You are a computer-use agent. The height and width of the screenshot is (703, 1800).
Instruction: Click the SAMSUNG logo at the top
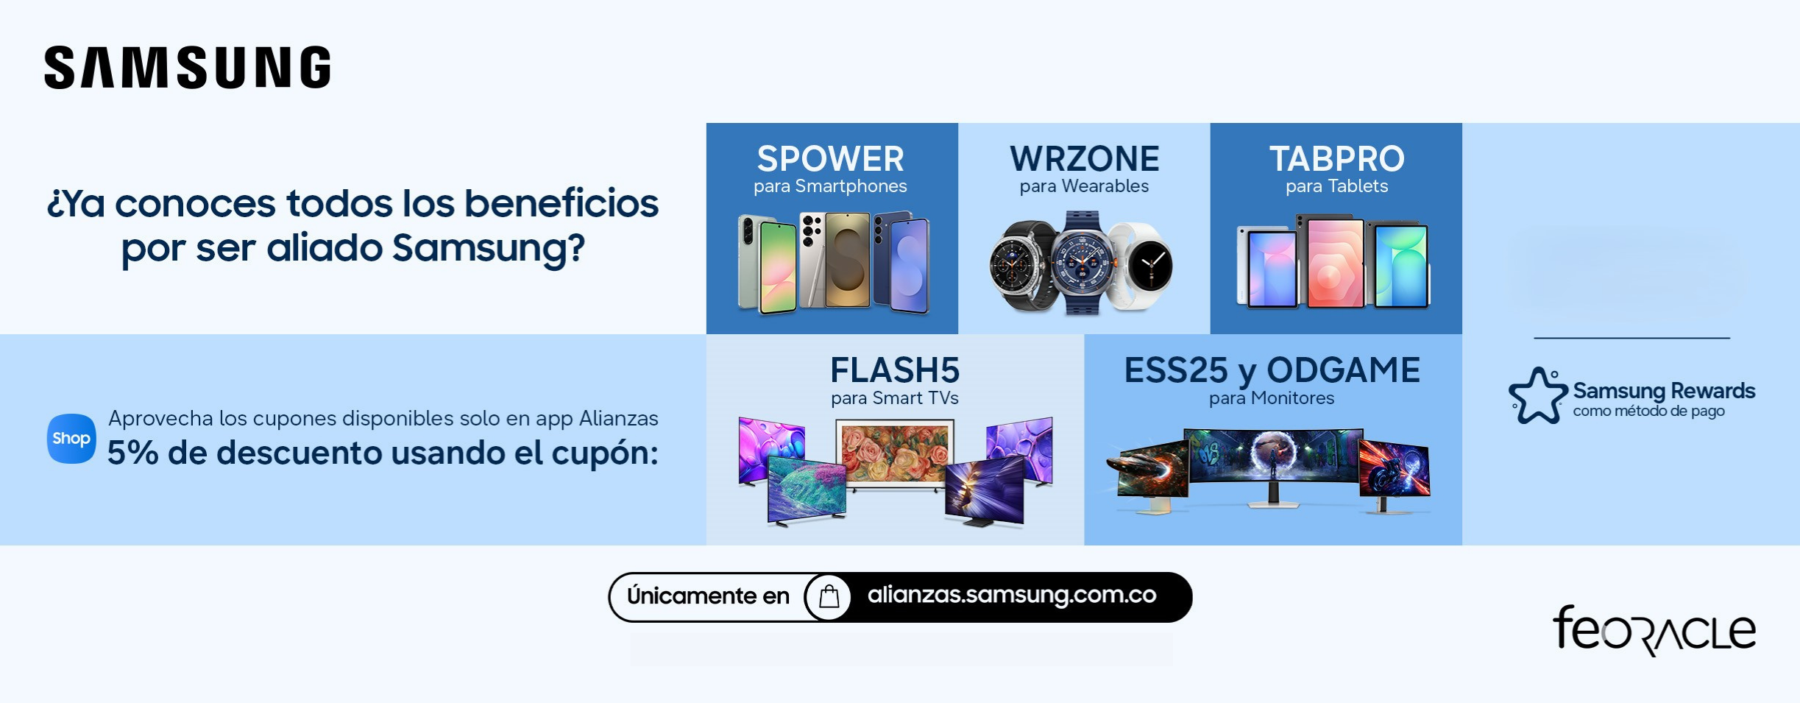pos(188,68)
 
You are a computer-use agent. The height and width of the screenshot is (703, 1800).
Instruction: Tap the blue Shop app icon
pos(71,439)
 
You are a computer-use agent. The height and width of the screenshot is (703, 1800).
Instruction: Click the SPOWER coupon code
pos(831,158)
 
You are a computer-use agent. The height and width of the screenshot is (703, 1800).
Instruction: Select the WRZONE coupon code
pos(1084,158)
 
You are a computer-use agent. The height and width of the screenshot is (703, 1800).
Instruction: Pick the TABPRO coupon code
pos(1336,158)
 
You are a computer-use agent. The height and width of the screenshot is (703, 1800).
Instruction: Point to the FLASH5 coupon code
pos(895,370)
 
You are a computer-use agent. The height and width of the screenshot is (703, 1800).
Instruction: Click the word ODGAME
pos(1343,370)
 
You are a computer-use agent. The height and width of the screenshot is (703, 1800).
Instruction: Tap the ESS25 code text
pos(1176,370)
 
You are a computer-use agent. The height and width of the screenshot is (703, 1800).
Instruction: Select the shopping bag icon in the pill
pos(829,596)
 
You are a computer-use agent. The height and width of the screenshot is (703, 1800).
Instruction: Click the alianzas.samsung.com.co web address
pos(1012,595)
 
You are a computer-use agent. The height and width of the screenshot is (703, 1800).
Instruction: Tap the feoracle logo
pos(1654,630)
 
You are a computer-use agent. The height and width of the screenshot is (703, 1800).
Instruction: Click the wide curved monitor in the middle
pos(1273,464)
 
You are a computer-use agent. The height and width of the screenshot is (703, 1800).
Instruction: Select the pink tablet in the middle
pos(1333,262)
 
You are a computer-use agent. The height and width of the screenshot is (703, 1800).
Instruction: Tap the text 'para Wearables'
pos(1084,186)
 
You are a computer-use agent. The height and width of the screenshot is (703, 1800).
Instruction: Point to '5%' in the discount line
pos(133,453)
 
